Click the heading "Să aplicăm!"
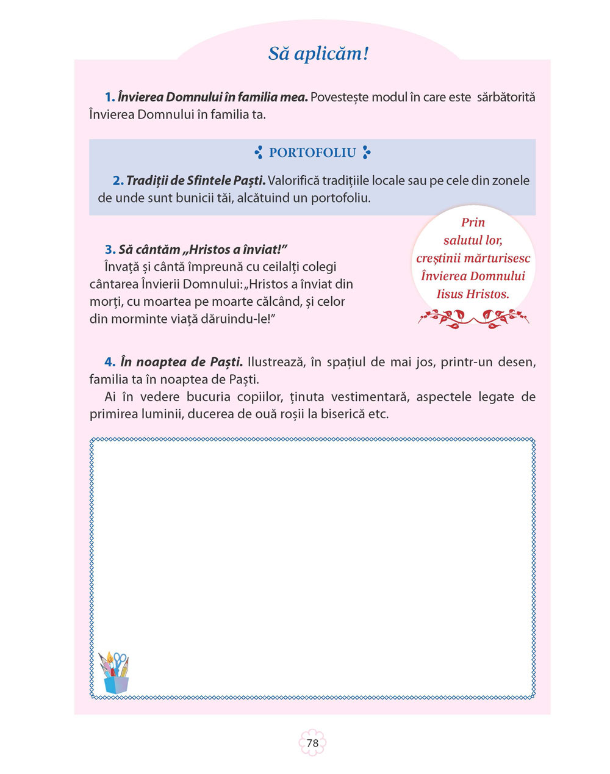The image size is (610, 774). point(318,54)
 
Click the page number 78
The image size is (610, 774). point(312,743)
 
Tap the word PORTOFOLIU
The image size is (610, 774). point(312,153)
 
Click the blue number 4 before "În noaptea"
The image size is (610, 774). point(110,362)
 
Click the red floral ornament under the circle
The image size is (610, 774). point(473,317)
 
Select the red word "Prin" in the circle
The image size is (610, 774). point(473,222)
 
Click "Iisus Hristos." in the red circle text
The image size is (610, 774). point(473,294)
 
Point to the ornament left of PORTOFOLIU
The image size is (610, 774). point(259,153)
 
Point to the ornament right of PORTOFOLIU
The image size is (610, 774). point(366,153)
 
